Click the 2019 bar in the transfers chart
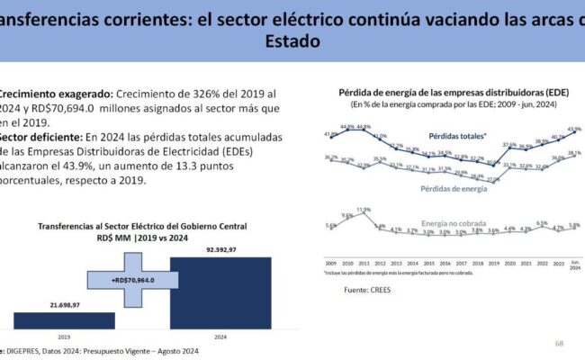point(64,320)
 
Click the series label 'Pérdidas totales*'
point(458,135)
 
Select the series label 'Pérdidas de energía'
point(454,189)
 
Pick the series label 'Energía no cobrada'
point(456,221)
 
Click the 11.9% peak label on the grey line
point(364,210)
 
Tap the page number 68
point(559,343)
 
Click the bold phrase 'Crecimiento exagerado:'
point(54,94)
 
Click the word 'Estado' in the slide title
point(292,41)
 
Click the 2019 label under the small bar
point(64,337)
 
